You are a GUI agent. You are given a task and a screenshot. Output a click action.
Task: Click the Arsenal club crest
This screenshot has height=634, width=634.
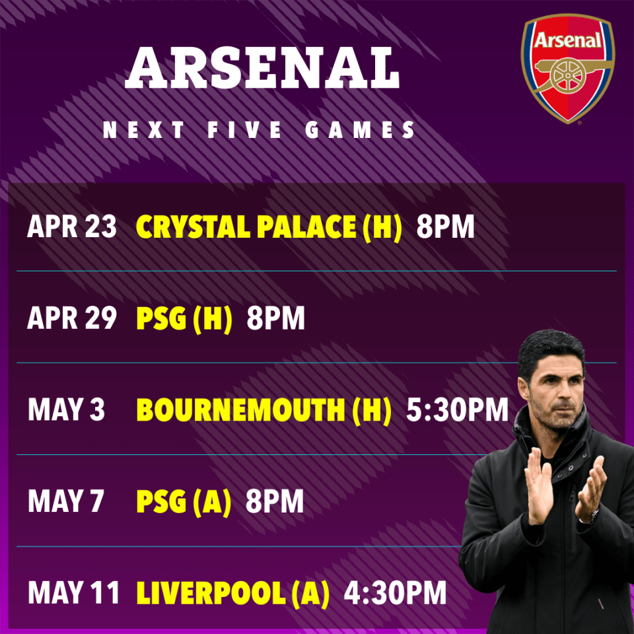click(x=568, y=69)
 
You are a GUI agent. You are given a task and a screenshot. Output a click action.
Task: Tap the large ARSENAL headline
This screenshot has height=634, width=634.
click(x=262, y=68)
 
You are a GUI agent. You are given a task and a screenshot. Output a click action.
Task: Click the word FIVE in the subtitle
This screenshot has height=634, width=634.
click(x=244, y=130)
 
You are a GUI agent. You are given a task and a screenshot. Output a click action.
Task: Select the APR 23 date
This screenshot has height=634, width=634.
click(x=72, y=227)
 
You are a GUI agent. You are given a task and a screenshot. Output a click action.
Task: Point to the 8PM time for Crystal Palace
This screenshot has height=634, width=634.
click(x=445, y=227)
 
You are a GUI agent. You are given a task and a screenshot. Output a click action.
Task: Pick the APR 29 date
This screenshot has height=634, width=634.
click(x=72, y=318)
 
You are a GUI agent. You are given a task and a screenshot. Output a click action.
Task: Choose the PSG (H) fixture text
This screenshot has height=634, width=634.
click(x=184, y=319)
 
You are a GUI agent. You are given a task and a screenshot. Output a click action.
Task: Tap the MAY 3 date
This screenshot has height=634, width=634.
click(x=66, y=409)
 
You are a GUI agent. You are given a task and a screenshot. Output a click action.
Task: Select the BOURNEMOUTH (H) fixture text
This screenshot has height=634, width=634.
click(x=264, y=410)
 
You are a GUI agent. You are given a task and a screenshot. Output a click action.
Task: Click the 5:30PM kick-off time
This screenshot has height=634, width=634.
click(x=457, y=409)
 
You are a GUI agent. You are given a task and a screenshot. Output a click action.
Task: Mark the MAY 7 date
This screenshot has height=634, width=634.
click(x=66, y=501)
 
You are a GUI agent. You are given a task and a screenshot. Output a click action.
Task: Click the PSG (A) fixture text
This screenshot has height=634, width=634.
click(x=184, y=502)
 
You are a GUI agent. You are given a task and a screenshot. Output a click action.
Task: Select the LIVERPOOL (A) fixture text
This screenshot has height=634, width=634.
click(x=233, y=594)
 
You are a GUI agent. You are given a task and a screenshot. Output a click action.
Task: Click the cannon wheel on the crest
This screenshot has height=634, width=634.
click(x=568, y=76)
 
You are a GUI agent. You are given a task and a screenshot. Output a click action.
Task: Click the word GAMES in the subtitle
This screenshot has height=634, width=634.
click(x=360, y=130)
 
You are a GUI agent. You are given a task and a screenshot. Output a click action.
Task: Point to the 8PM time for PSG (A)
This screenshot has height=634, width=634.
click(x=275, y=501)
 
